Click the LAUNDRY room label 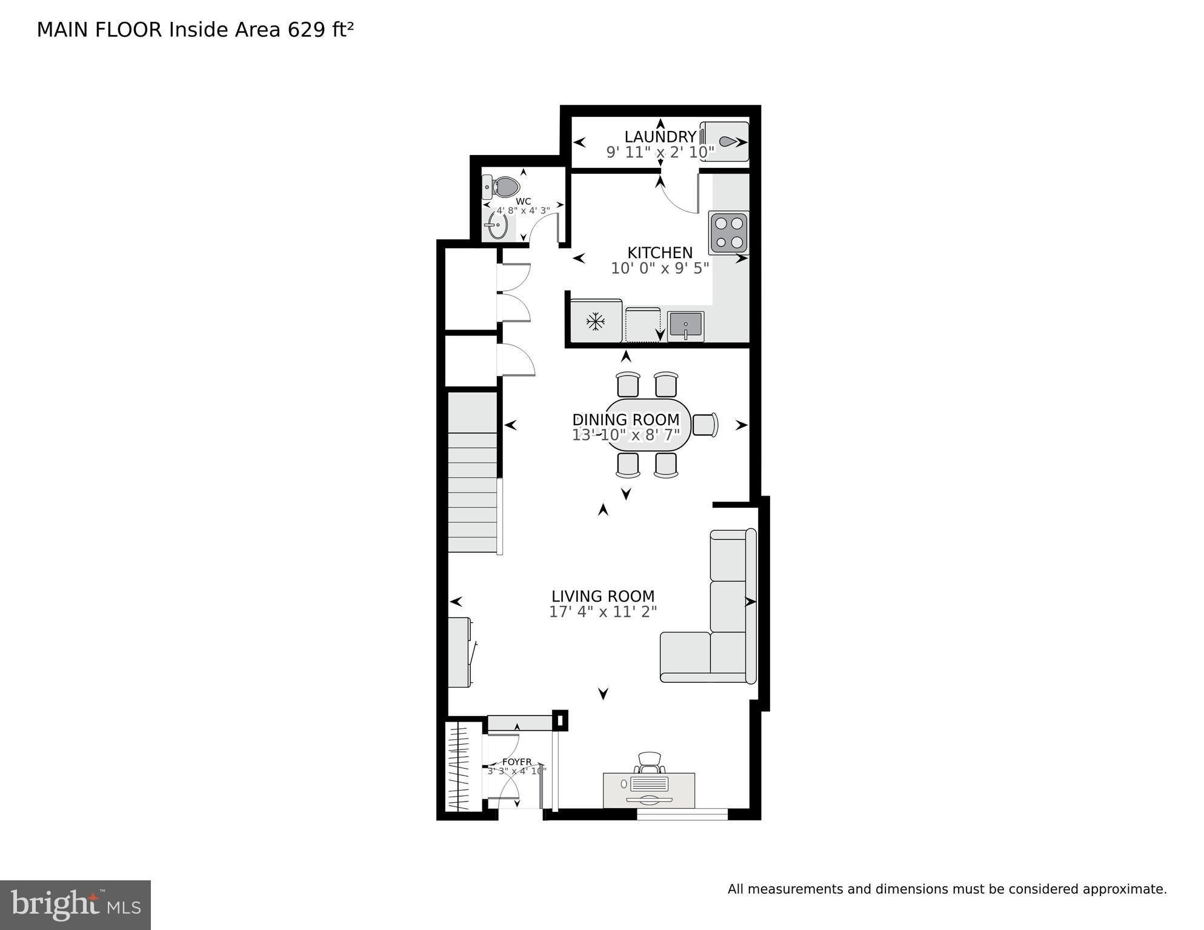pos(660,137)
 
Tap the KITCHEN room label pos(659,253)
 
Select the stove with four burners pos(729,233)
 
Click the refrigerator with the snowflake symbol pos(596,321)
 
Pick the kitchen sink pos(686,326)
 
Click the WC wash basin pos(497,227)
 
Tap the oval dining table pos(647,425)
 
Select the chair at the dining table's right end pos(705,424)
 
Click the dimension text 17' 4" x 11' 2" pos(603,612)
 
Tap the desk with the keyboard pos(648,789)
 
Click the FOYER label pos(517,762)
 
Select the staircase pos(473,473)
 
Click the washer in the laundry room pos(725,142)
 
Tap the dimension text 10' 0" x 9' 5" pos(659,268)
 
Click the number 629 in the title pos(307,30)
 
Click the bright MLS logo pos(75,905)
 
